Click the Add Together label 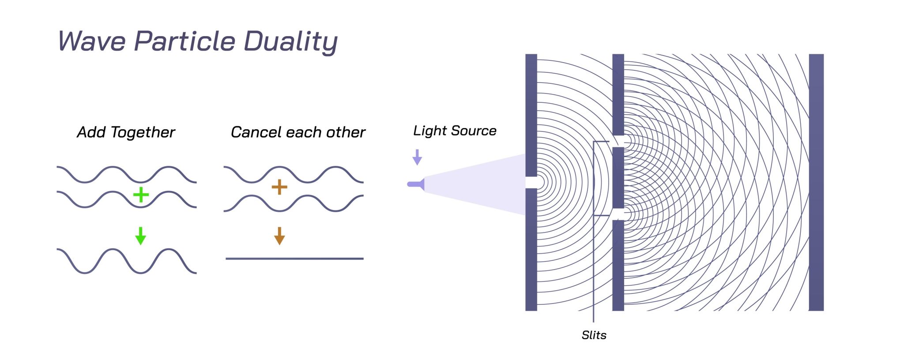pyautogui.click(x=126, y=132)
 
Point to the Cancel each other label pyautogui.click(x=298, y=132)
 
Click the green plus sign pyautogui.click(x=141, y=195)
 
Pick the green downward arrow pyautogui.click(x=141, y=236)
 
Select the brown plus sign pyautogui.click(x=279, y=187)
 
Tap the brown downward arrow pyautogui.click(x=279, y=236)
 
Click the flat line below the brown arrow pyautogui.click(x=294, y=259)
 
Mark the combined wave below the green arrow pyautogui.click(x=127, y=261)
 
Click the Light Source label pyautogui.click(x=455, y=131)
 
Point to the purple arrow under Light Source pyautogui.click(x=417, y=157)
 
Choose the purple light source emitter pyautogui.click(x=416, y=184)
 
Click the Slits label pyautogui.click(x=594, y=335)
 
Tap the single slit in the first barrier pyautogui.click(x=531, y=182)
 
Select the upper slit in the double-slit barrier pyautogui.click(x=618, y=141)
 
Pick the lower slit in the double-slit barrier pyautogui.click(x=618, y=214)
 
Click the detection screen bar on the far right pyautogui.click(x=816, y=182)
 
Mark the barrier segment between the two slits pyautogui.click(x=618, y=178)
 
